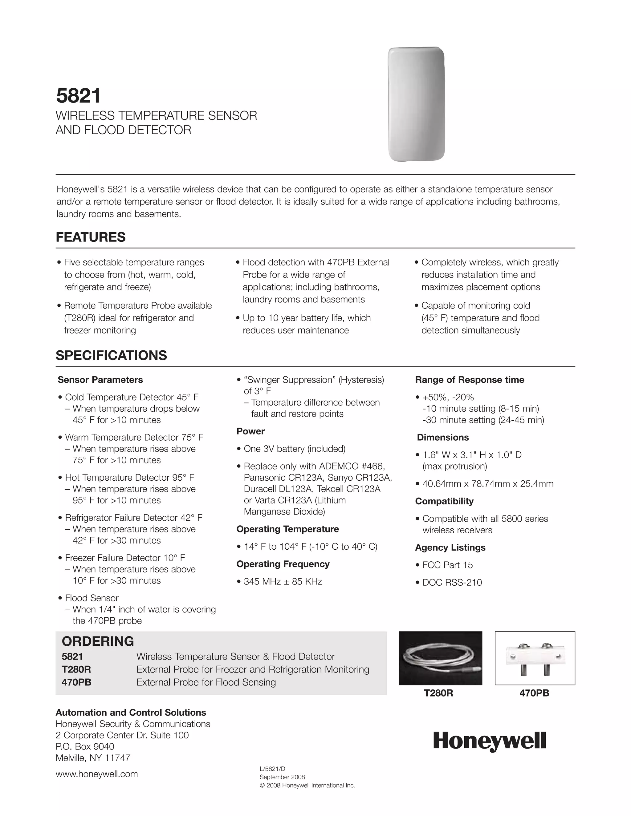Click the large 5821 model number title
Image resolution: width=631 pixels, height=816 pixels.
click(x=79, y=96)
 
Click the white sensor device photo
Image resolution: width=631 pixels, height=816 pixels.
click(x=416, y=104)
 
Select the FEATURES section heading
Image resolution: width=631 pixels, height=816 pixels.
click(x=91, y=237)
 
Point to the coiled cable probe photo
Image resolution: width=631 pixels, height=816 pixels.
click(x=440, y=658)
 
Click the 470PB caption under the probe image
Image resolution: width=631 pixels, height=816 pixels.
click(x=534, y=693)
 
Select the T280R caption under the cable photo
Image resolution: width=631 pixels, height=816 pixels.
click(x=438, y=693)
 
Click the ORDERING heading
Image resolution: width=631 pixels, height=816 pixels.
click(x=98, y=641)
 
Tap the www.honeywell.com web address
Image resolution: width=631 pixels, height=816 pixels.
click(x=96, y=774)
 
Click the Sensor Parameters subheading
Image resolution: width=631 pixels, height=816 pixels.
click(x=100, y=380)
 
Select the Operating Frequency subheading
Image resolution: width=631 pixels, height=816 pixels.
click(x=283, y=564)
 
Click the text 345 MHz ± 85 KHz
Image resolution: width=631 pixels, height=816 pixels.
click(x=283, y=581)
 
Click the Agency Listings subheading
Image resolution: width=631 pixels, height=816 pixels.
click(x=450, y=547)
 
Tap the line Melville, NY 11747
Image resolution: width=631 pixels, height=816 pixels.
click(x=93, y=758)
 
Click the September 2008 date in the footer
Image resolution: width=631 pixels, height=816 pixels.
click(x=282, y=777)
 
